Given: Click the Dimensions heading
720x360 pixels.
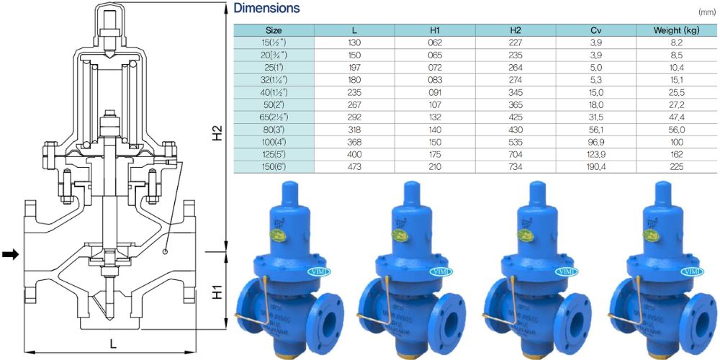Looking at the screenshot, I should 266,9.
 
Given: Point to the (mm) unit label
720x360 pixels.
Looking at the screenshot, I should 708,12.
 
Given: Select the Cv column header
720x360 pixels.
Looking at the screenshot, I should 595,30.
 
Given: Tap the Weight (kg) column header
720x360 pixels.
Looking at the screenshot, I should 676,30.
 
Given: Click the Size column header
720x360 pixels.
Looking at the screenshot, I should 274,30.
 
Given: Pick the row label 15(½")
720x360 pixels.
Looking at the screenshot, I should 274,43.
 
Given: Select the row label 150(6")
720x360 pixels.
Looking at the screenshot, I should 274,166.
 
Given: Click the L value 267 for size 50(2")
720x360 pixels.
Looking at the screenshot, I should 354,105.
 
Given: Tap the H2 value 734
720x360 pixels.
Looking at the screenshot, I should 515,166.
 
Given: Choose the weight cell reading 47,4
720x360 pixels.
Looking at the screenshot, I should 676,117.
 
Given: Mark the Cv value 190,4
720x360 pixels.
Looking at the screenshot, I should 595,166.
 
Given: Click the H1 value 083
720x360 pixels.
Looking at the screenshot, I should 435,80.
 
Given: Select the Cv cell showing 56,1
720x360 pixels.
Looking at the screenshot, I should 595,130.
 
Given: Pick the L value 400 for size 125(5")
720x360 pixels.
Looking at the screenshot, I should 354,154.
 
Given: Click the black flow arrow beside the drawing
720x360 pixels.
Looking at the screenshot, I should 10,254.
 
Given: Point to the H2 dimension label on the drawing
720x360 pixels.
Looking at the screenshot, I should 217,133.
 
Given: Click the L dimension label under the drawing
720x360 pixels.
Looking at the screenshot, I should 113,343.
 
